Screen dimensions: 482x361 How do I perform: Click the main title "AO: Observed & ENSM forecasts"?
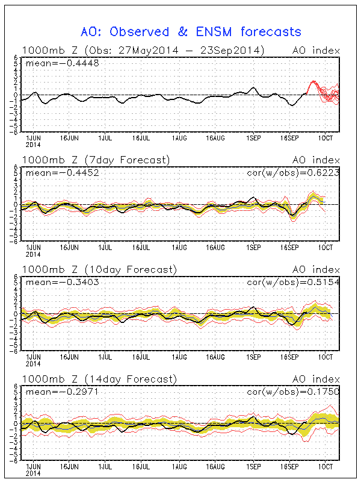(x=191, y=31)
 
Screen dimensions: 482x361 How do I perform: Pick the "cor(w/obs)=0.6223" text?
(x=294, y=172)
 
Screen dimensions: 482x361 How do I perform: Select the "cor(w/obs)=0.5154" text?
(x=294, y=282)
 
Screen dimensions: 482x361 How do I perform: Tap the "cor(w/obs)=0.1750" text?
(x=294, y=392)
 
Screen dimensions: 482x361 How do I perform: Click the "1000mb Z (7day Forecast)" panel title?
(x=96, y=160)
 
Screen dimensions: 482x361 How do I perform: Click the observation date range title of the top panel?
(x=143, y=50)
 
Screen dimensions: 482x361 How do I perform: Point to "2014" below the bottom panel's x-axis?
(x=32, y=474)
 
